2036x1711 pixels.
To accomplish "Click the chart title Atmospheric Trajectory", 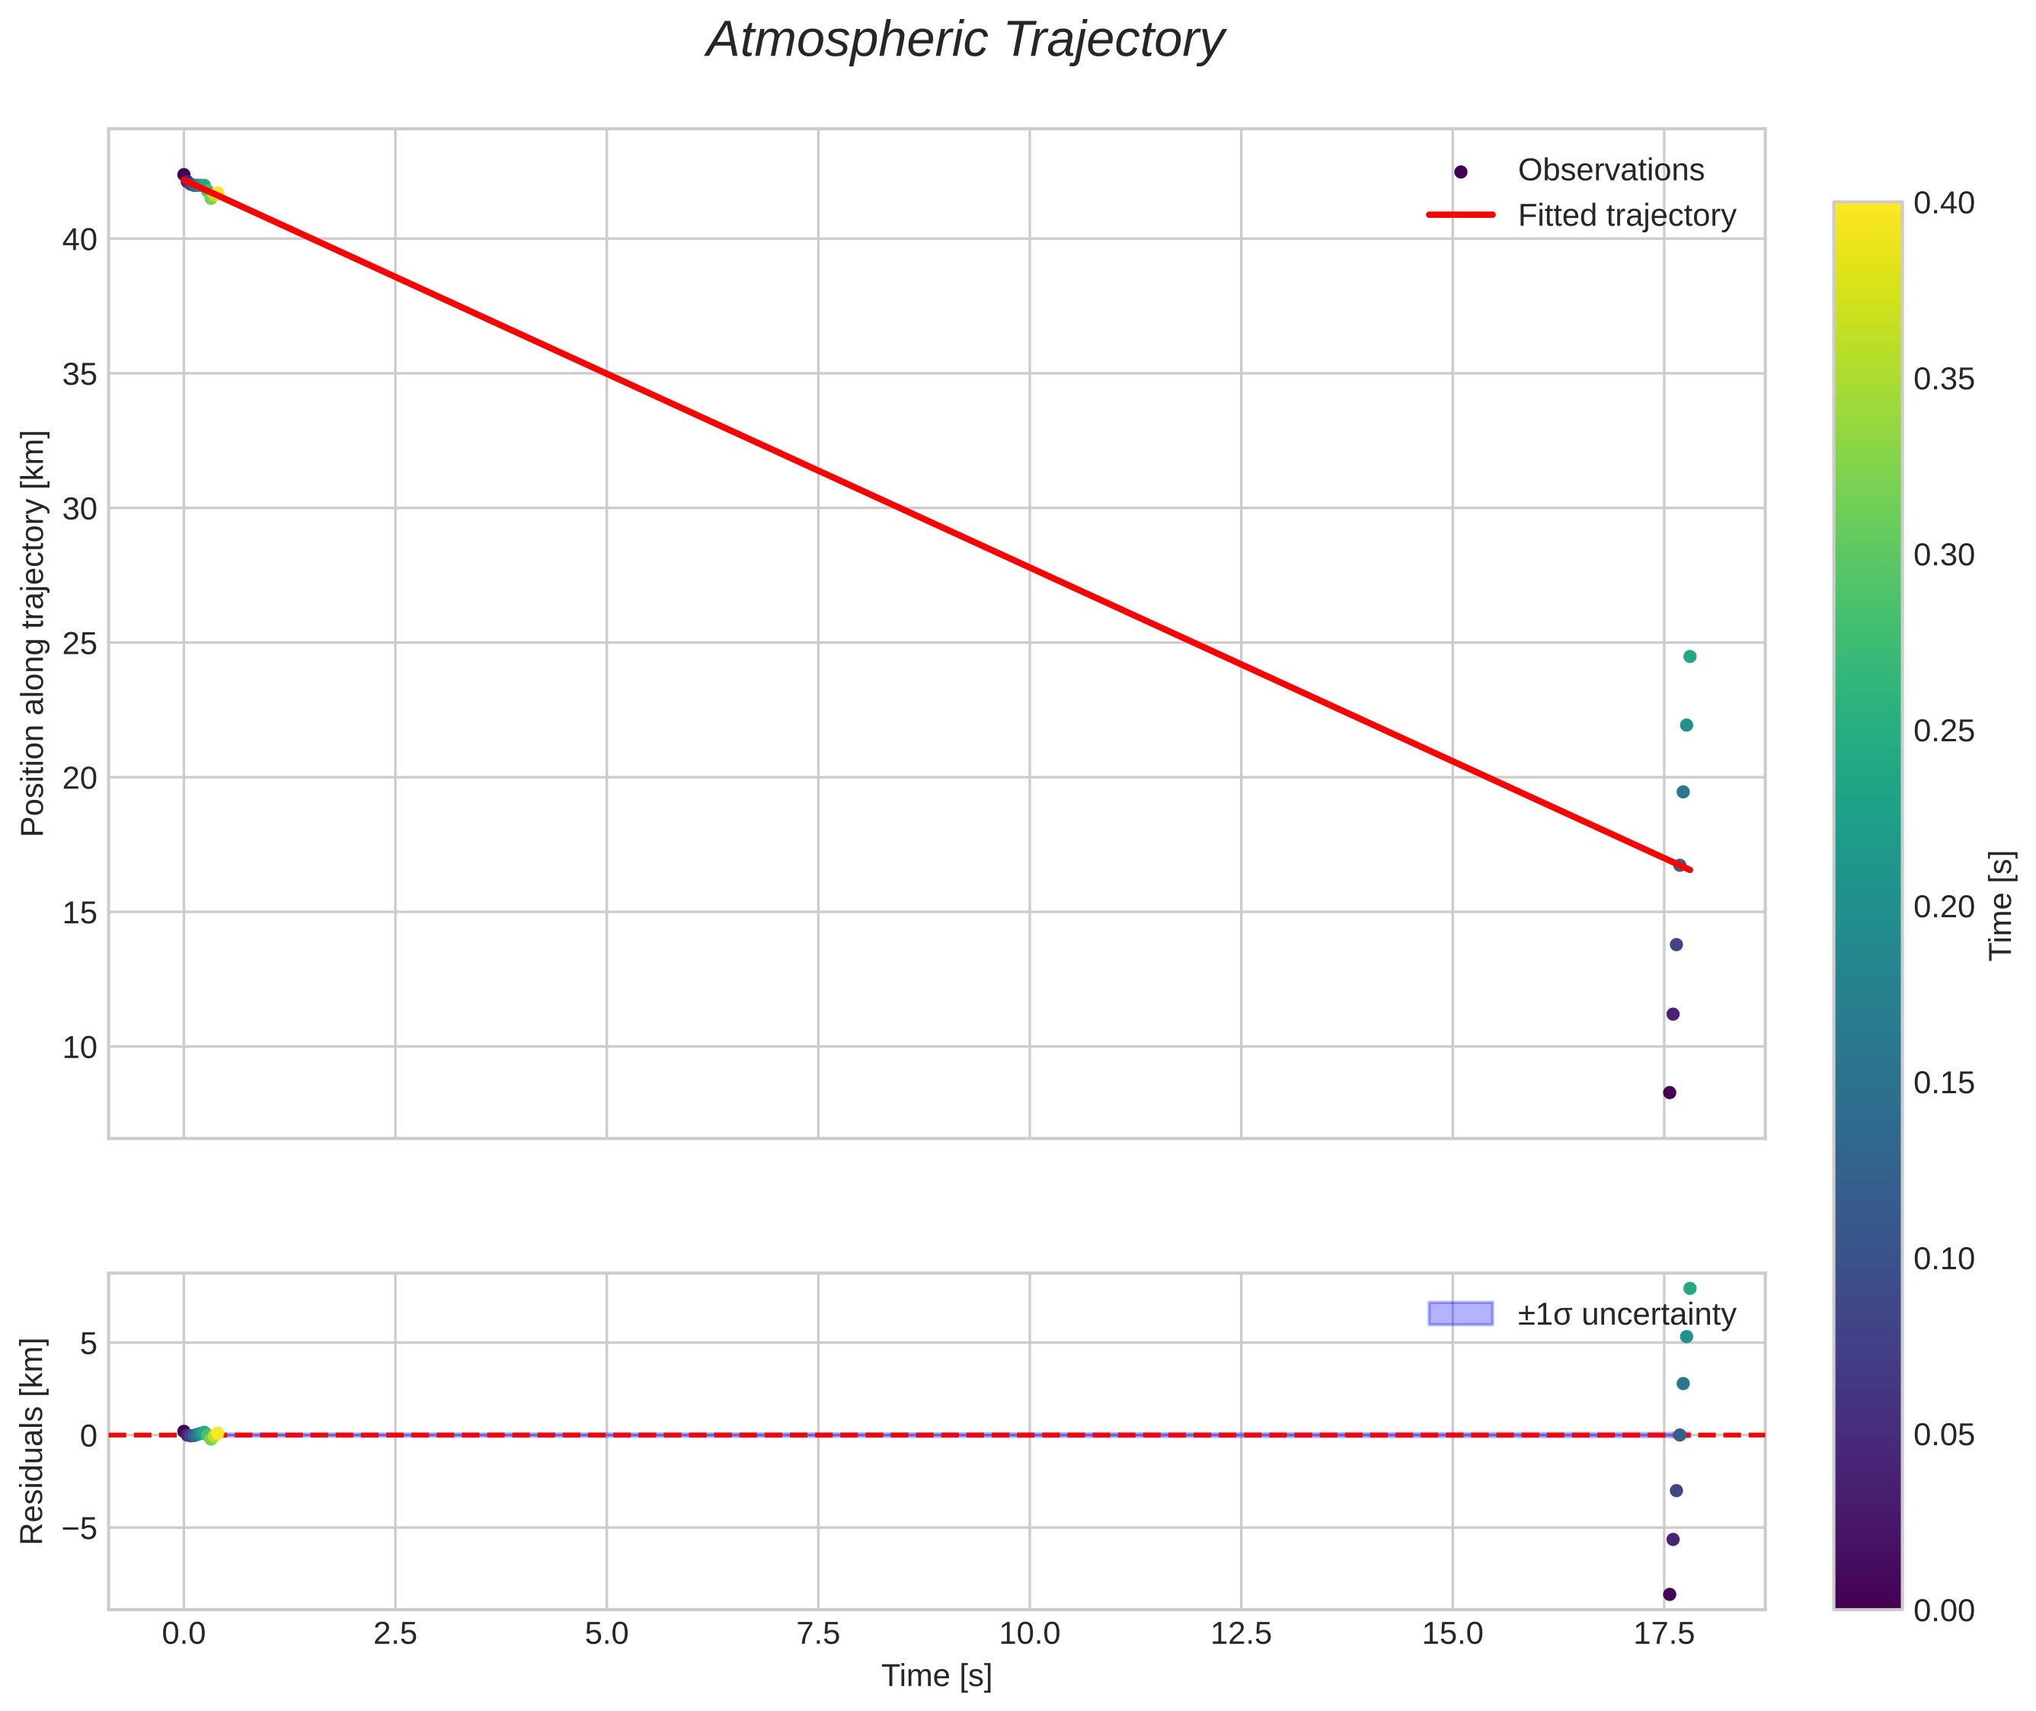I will (965, 40).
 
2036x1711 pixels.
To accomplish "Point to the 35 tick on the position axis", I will (79, 374).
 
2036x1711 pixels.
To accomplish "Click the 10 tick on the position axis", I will (79, 1047).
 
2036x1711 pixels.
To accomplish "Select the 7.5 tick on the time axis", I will (818, 1634).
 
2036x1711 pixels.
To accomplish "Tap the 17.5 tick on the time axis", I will (1664, 1634).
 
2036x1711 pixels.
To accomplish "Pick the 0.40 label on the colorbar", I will (1944, 203).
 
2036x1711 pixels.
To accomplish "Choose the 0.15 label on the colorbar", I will (1944, 1083).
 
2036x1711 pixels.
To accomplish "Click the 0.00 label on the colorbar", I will (1944, 1611).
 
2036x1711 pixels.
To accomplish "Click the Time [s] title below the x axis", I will (936, 1676).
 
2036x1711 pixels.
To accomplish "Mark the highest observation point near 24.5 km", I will (1689, 657).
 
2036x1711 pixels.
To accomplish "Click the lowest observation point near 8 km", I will (1670, 1092).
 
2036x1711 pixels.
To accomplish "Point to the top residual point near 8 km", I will (1689, 1288).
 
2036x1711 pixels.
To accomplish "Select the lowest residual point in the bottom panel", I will (1670, 1594).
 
